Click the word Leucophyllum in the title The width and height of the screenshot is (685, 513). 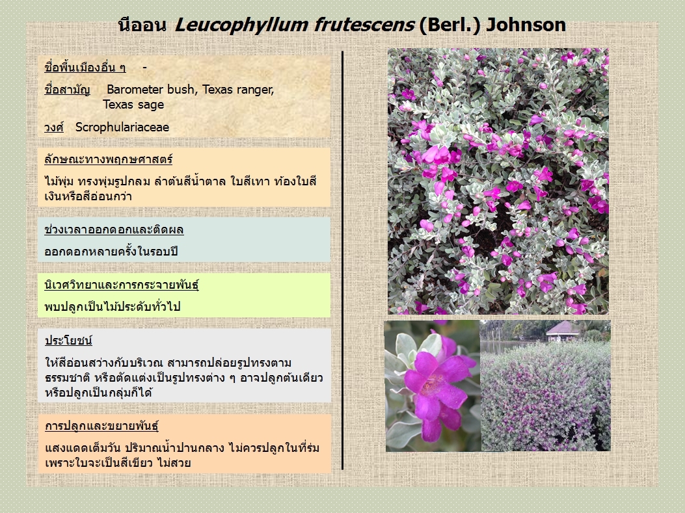click(241, 25)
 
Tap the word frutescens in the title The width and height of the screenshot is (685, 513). click(364, 25)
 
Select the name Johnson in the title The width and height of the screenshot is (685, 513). click(526, 25)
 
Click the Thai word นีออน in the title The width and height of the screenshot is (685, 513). click(142, 25)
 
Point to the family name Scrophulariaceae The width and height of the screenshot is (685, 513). click(122, 127)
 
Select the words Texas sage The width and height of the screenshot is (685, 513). click(133, 105)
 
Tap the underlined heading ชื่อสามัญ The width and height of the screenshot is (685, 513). click(67, 90)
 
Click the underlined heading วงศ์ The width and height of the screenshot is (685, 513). click(54, 127)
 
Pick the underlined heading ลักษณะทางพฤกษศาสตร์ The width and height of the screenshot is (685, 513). click(109, 159)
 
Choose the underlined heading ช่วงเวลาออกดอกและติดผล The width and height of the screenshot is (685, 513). click(114, 230)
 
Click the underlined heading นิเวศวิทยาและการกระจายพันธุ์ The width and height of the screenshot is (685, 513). click(122, 285)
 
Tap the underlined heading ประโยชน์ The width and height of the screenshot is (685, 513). click(68, 341)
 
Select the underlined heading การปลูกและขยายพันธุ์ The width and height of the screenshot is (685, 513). click(101, 426)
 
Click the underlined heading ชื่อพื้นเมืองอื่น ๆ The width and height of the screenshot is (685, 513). click(85, 68)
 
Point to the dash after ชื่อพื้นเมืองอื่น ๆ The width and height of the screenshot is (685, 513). click(144, 68)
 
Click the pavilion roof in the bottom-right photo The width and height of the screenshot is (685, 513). click(563, 328)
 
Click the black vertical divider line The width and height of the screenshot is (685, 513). click(342, 260)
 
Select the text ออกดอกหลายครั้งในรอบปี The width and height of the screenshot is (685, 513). click(111, 252)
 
